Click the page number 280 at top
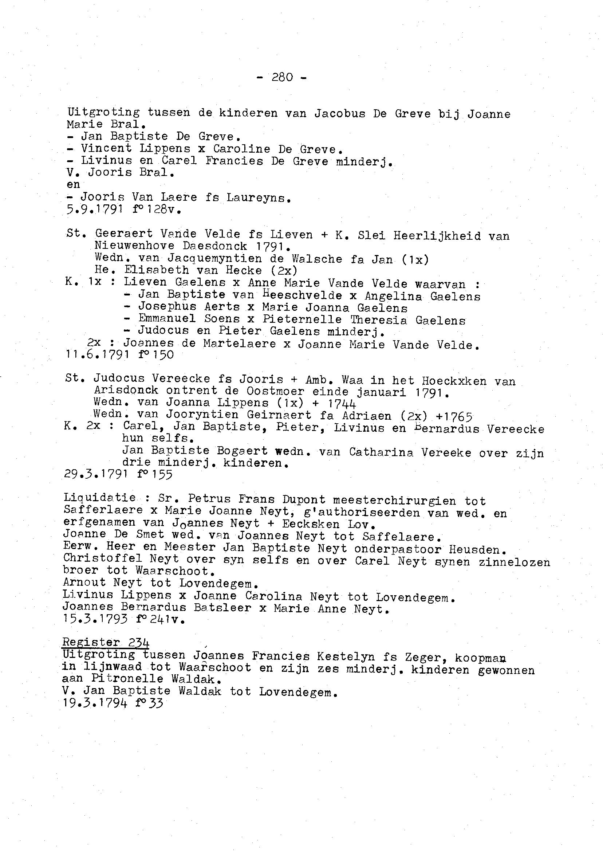click(x=282, y=77)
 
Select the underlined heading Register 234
click(x=106, y=642)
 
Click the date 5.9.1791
click(x=94, y=210)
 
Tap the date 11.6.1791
click(x=97, y=355)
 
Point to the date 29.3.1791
click(x=96, y=475)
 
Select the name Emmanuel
click(x=167, y=319)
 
